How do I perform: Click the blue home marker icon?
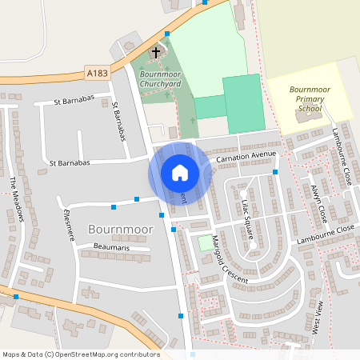click(180, 173)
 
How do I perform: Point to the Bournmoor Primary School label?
click(310, 98)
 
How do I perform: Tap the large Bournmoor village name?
click(118, 230)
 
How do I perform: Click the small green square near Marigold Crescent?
click(206, 242)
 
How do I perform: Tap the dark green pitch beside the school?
click(243, 104)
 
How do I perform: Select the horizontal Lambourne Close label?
click(324, 230)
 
